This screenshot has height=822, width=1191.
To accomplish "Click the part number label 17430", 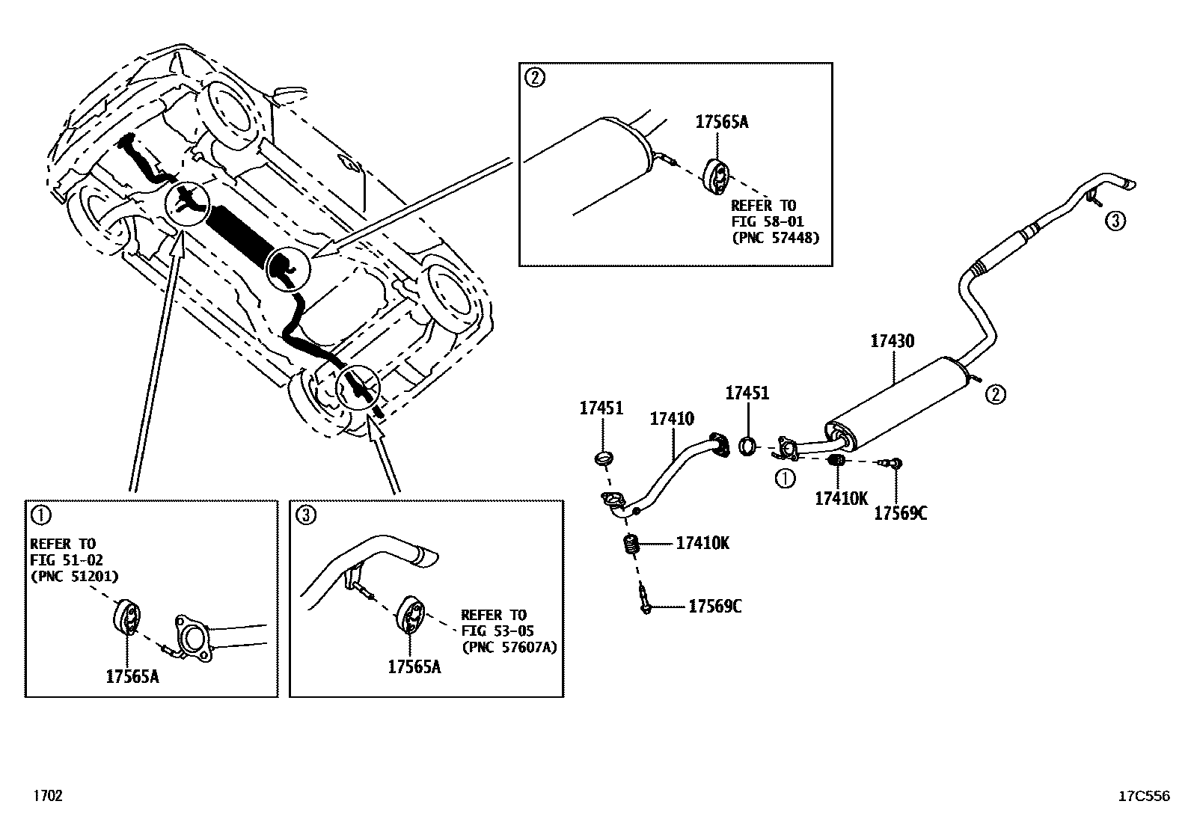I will [892, 341].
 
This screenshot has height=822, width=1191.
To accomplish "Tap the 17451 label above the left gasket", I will [601, 408].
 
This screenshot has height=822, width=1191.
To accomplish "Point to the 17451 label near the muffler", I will [747, 393].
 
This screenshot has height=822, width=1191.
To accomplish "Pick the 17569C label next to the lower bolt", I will [714, 606].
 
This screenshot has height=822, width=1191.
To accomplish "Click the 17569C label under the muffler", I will [901, 513].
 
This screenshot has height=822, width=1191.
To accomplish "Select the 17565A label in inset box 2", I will [721, 123].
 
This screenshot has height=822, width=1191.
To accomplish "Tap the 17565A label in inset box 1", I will [132, 676].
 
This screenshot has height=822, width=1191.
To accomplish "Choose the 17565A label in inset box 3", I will [414, 666].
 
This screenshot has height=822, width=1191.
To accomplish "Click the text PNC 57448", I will [775, 238].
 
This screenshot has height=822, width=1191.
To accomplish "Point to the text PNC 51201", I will [74, 576].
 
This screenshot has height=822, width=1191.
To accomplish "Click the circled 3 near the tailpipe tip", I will [1114, 221].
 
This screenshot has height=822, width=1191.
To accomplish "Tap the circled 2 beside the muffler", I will [995, 394].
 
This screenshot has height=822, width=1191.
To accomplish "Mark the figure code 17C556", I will [1143, 797].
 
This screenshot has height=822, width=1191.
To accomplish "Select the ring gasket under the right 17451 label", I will [747, 447].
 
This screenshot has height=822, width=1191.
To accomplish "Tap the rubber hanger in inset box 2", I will [717, 175].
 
